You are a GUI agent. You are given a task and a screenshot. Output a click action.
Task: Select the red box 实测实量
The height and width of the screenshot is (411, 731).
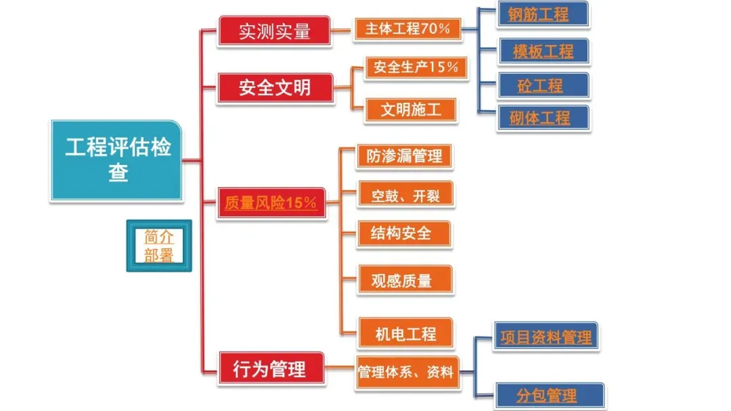point(275,31)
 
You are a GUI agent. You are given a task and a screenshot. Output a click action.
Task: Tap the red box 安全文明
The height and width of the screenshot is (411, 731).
point(275,88)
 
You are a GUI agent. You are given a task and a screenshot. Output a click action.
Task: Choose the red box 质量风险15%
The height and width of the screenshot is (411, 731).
point(271,203)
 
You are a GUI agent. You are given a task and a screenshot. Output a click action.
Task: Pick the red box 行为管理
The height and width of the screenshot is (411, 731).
point(270,369)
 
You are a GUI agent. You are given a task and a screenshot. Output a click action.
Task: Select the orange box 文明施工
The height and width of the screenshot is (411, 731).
point(410,110)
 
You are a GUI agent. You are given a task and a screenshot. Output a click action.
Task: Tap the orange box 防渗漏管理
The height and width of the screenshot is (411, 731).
point(404,156)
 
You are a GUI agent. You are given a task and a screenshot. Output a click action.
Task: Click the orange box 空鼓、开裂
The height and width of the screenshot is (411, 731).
point(405,195)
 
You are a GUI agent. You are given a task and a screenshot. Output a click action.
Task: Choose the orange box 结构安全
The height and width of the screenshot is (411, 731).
point(404,234)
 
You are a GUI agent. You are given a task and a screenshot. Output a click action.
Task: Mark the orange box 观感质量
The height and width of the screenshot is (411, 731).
point(404,279)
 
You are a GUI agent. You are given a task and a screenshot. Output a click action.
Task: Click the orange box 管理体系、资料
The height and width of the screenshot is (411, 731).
point(407,372)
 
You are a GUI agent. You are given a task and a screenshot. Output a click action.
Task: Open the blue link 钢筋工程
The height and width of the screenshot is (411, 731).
point(542,14)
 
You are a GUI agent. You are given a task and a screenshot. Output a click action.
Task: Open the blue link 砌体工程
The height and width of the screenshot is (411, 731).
point(542,118)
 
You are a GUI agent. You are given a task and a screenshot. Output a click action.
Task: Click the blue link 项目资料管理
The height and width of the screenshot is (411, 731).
point(546,337)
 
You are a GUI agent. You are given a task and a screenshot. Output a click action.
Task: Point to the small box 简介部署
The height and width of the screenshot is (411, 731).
point(159,245)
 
